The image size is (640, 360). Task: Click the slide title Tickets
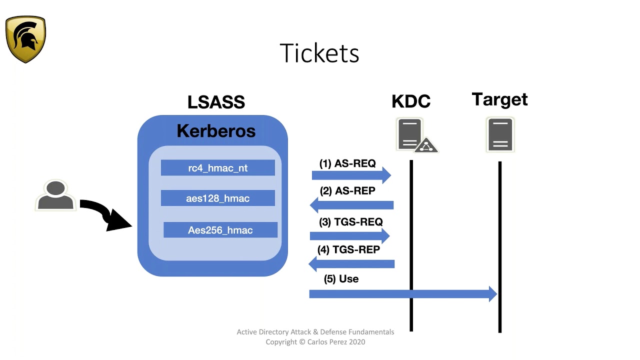point(319,53)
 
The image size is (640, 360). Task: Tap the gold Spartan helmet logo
point(25,39)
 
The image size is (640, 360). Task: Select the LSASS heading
point(216,102)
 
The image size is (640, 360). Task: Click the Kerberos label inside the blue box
point(216,131)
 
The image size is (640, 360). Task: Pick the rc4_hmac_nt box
point(217,168)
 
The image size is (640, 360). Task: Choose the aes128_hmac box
point(217,198)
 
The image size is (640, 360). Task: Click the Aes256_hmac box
point(220,230)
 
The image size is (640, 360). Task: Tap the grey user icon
point(55,195)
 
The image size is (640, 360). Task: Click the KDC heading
point(411,101)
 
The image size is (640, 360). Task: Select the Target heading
point(499,99)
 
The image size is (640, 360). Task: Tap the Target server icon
point(500,134)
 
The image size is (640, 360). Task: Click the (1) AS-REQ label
point(347,163)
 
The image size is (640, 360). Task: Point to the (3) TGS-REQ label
point(350,221)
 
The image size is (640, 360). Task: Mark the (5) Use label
point(341,279)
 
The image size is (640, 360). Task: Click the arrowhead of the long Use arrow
point(492,294)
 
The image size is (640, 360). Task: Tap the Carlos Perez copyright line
point(315,342)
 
